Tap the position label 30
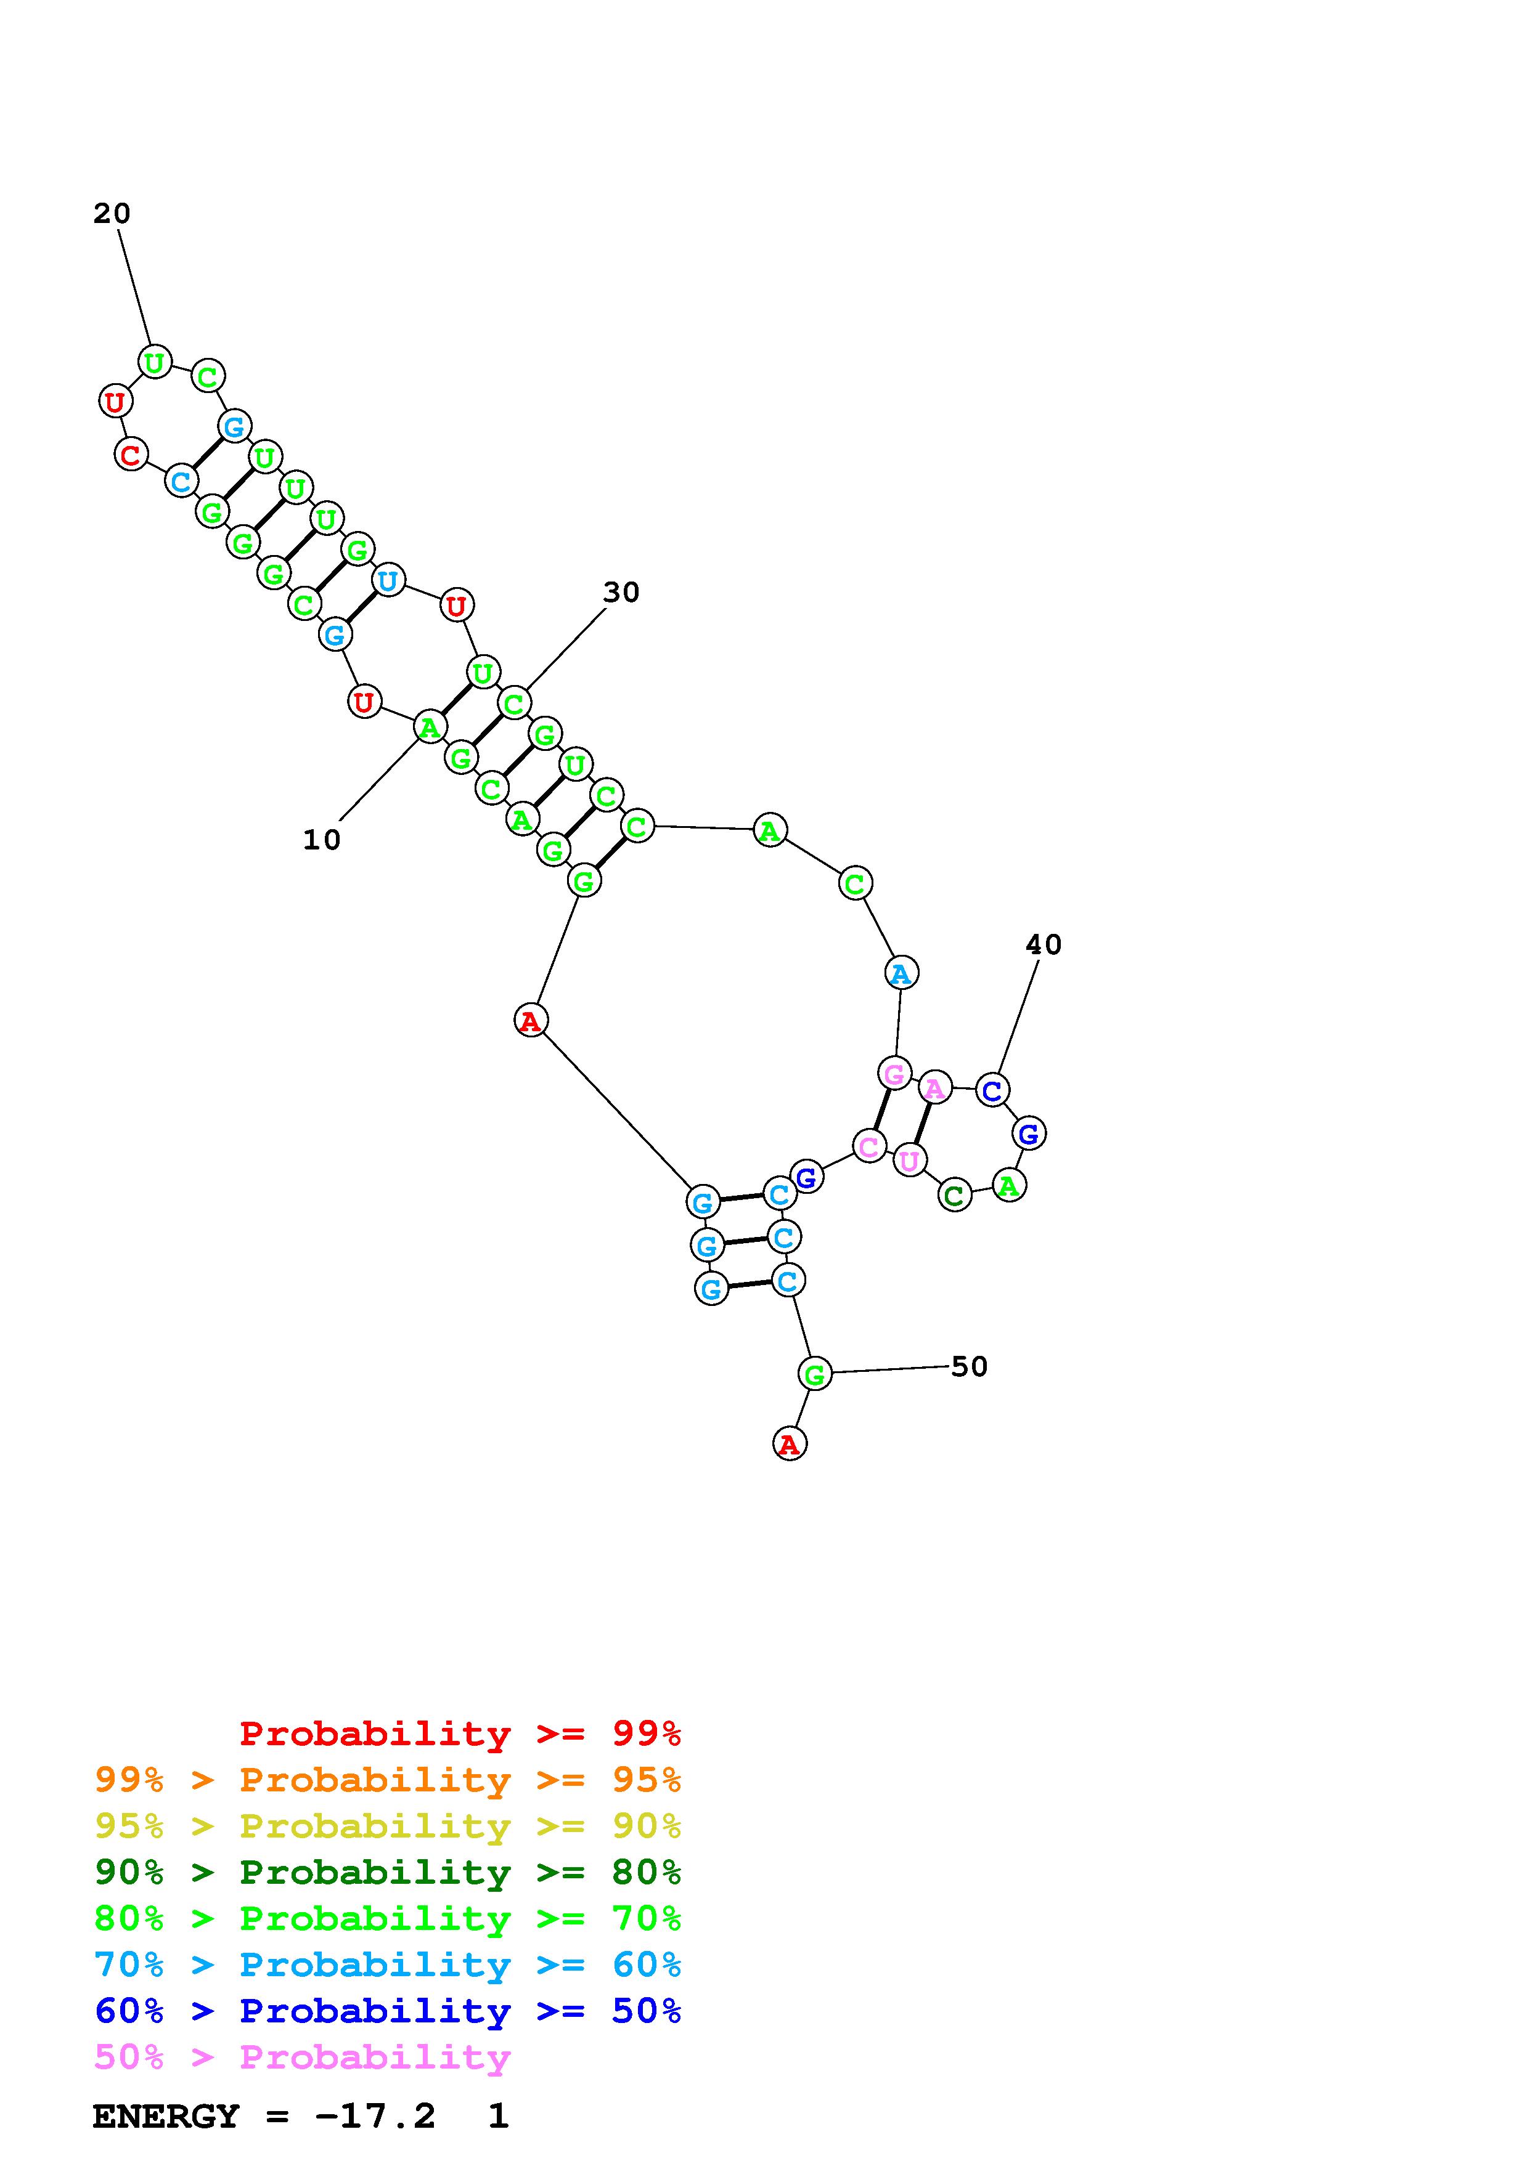click(x=621, y=592)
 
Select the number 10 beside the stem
click(x=321, y=840)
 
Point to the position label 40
click(x=1043, y=944)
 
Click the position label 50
click(x=969, y=1366)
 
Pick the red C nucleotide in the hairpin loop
click(x=131, y=455)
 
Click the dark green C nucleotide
click(x=955, y=1195)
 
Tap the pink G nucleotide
click(x=894, y=1073)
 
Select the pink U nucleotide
click(x=909, y=1161)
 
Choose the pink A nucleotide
click(x=934, y=1088)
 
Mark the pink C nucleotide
click(x=869, y=1146)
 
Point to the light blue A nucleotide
click(x=902, y=973)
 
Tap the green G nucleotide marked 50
click(x=814, y=1374)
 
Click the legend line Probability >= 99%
click(x=460, y=1733)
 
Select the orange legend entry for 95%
click(x=388, y=1780)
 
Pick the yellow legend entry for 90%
click(x=388, y=1826)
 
